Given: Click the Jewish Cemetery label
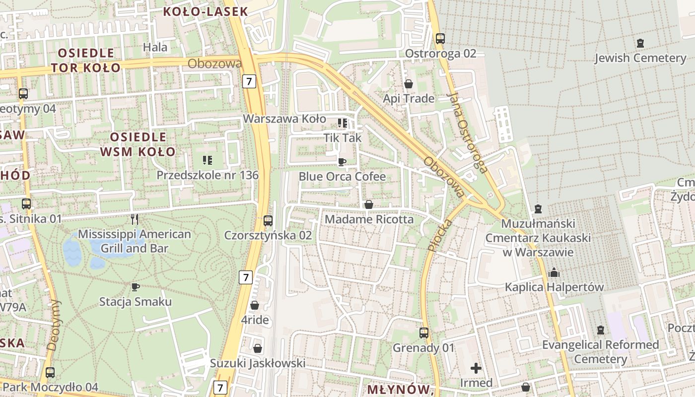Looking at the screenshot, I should click(640, 58).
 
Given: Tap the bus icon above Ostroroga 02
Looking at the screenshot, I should click(440, 38).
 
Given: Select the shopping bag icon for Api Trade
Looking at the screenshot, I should click(409, 84).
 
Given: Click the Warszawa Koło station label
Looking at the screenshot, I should click(284, 119).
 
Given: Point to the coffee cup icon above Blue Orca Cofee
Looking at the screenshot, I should click(342, 162).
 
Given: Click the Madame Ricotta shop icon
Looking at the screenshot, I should click(369, 204).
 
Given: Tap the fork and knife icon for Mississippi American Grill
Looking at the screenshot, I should click(134, 219).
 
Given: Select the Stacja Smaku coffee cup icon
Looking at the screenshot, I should click(135, 287).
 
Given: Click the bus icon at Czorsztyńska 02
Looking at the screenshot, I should click(268, 220).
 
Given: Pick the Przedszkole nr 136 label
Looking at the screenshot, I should click(208, 175).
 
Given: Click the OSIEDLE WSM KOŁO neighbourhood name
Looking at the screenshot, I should click(138, 144).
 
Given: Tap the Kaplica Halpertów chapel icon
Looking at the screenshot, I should click(554, 272).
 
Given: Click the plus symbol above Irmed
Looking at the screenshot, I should click(476, 368).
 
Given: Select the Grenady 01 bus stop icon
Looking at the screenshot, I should click(423, 333).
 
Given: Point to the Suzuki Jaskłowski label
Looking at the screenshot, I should click(257, 363).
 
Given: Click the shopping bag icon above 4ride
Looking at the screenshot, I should click(255, 305).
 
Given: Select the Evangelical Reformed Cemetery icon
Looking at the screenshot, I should click(601, 330).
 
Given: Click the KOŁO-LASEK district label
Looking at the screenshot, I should click(206, 12).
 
